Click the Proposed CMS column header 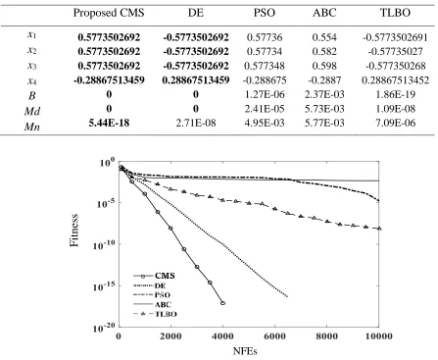click(109, 13)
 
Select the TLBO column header click(395, 13)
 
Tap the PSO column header click(265, 13)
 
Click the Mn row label click(32, 126)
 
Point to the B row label click(31, 96)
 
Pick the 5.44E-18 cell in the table click(109, 123)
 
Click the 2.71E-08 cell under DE click(196, 123)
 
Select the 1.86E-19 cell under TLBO click(395, 94)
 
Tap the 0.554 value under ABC click(324, 37)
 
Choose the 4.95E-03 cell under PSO click(265, 123)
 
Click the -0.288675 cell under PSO click(265, 80)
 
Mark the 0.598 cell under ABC click(324, 66)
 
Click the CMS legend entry click(154, 276)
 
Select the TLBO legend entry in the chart click(155, 314)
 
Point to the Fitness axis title click(74, 231)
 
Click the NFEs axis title click(245, 351)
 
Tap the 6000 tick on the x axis click(274, 336)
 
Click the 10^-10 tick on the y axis click(103, 244)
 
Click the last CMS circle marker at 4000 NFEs click(222, 303)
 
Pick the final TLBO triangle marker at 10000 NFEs click(379, 229)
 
